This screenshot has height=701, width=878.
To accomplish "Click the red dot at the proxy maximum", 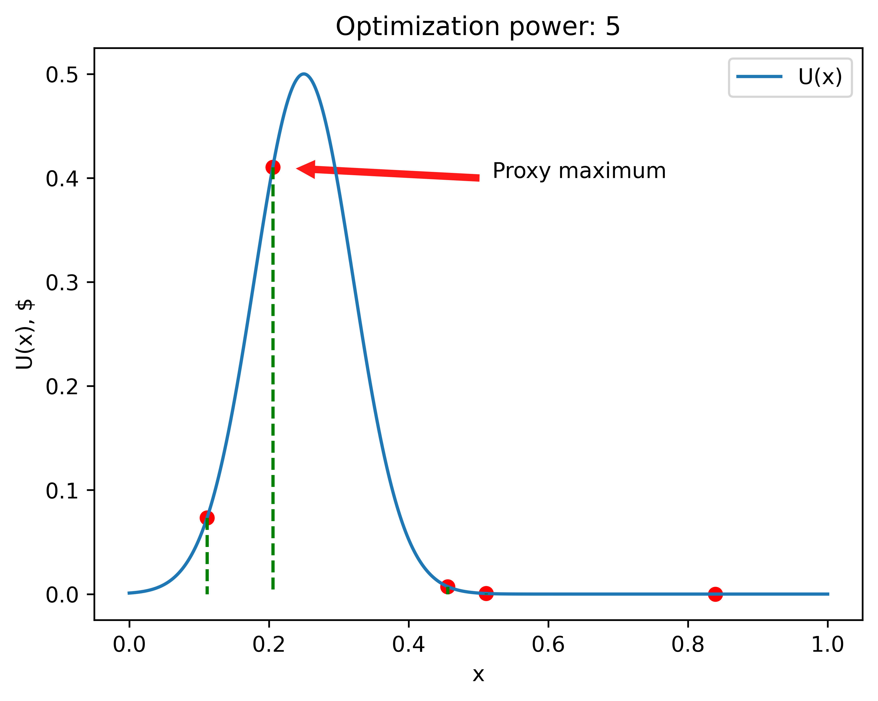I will click(x=272, y=167).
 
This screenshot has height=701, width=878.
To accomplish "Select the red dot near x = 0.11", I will click(x=207, y=518).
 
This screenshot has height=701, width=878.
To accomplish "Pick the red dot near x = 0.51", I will click(x=486, y=593).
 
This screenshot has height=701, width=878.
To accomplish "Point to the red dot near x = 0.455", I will click(x=448, y=587).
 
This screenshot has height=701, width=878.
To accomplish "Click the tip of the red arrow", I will click(x=297, y=168).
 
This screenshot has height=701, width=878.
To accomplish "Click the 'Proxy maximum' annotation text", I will click(x=579, y=171).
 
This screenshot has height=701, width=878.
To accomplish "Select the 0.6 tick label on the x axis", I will click(x=548, y=645).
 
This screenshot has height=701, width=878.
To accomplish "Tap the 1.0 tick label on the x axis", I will click(x=827, y=645).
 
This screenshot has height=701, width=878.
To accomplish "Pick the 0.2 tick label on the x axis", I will click(x=269, y=645).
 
